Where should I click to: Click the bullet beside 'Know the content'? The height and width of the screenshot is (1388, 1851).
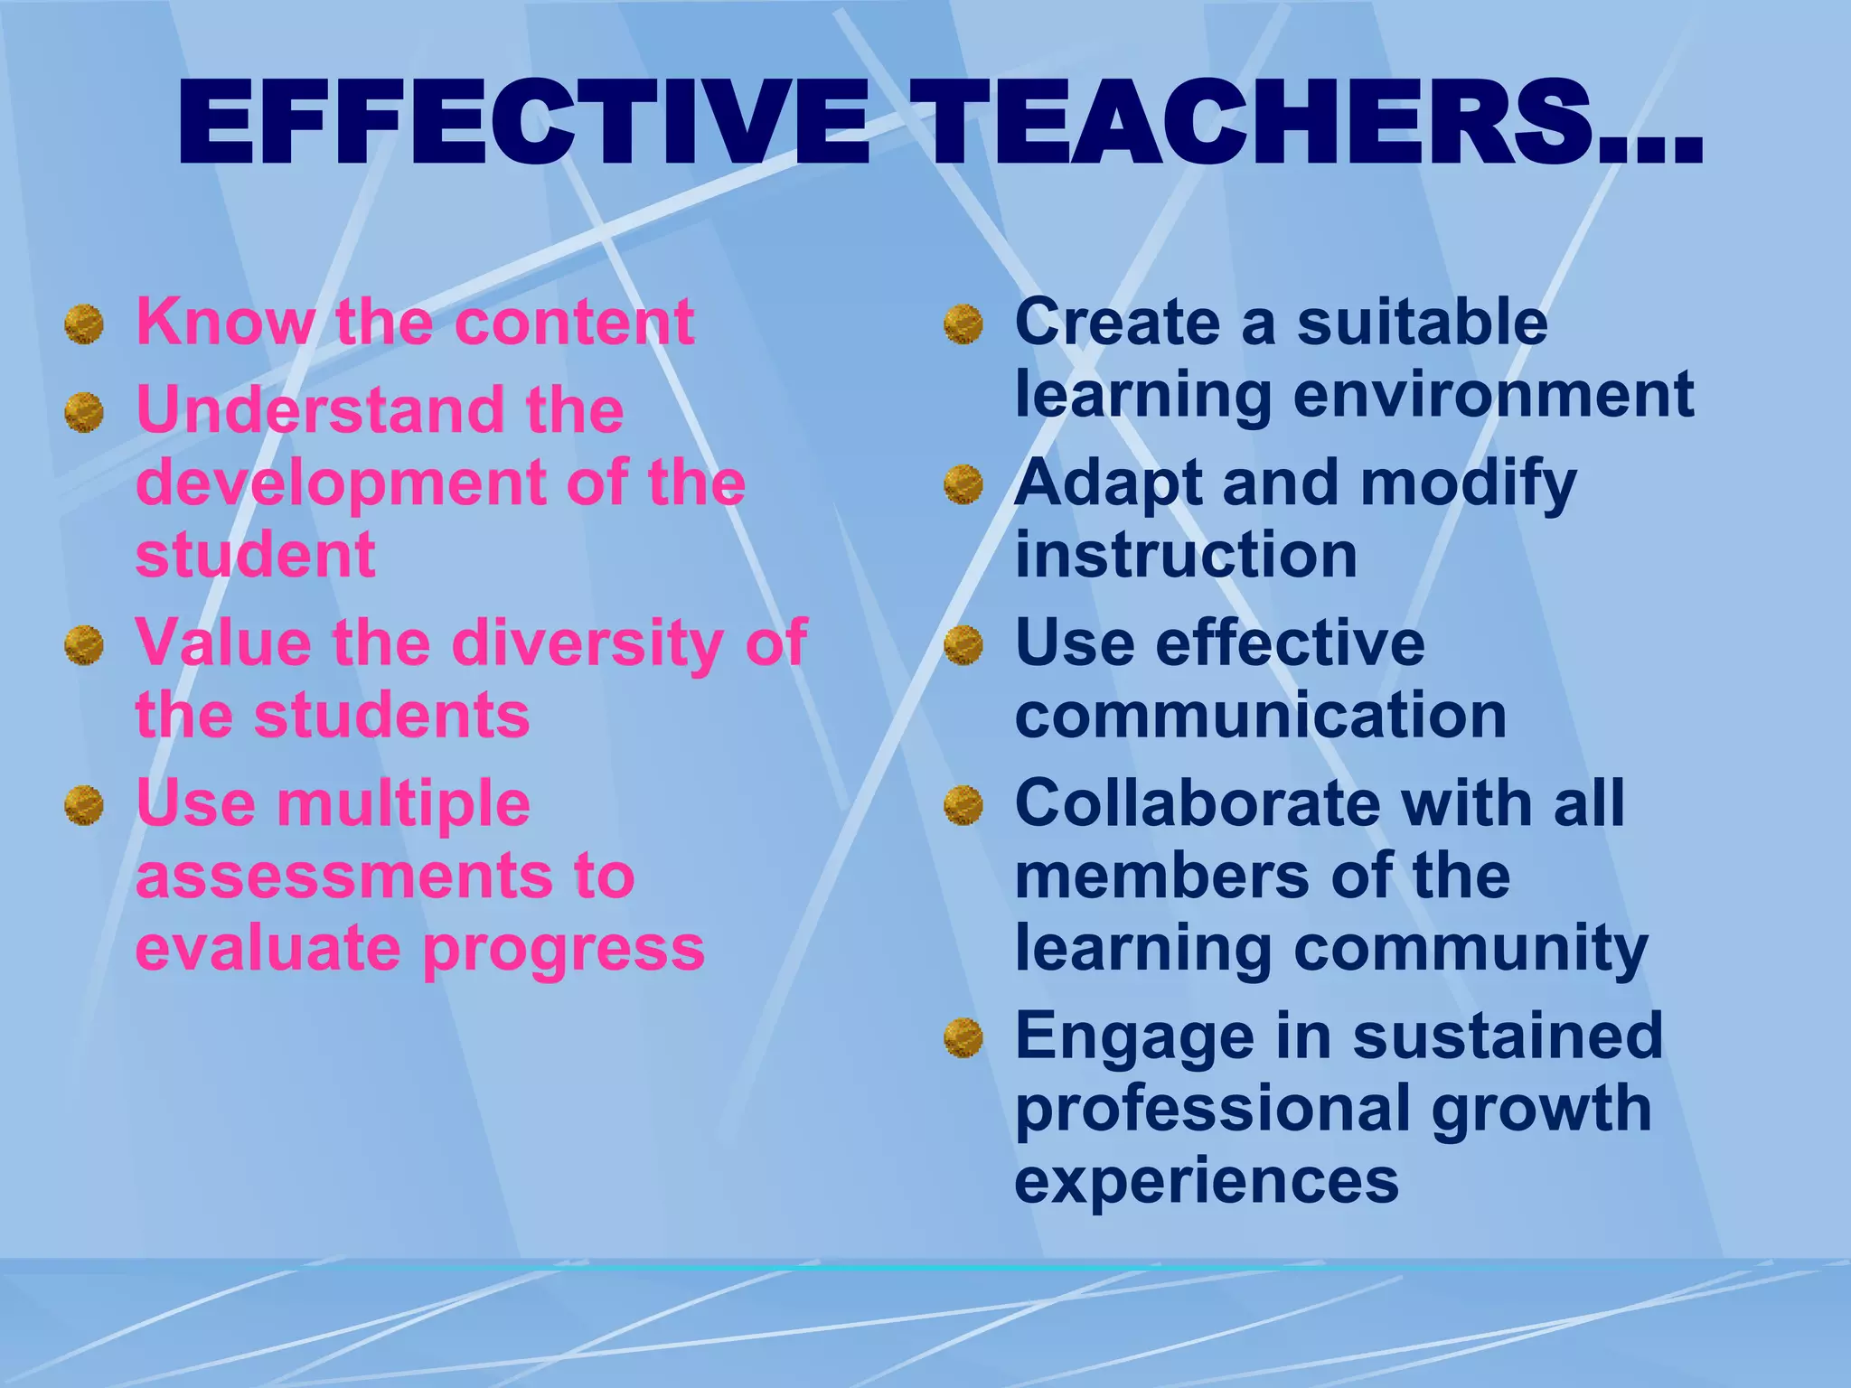pos(84,324)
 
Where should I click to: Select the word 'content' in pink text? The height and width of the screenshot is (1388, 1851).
pos(575,322)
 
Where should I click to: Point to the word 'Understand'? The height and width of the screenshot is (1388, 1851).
pos(317,410)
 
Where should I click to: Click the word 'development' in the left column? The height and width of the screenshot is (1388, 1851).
pos(340,484)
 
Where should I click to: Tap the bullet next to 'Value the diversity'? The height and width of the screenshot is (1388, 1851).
pos(84,645)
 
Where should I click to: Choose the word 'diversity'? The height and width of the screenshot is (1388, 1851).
pos(587,644)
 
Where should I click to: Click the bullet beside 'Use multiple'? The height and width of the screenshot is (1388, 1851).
pos(84,805)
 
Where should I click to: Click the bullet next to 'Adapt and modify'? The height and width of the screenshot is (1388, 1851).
pos(963,484)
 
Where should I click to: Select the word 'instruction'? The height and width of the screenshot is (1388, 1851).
pos(1186,555)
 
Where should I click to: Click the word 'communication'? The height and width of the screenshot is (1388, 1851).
pos(1261,716)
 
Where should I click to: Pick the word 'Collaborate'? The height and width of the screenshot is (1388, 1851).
pos(1198,803)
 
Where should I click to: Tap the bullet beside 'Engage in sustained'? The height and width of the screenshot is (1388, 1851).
pos(963,1037)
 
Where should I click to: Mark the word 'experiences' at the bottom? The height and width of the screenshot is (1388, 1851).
pos(1207,1181)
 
